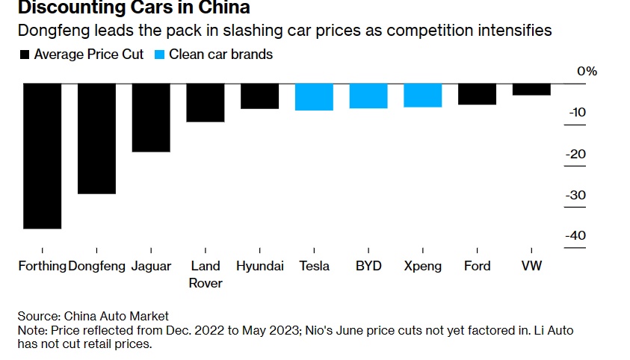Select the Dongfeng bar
96,138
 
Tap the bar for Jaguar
151,117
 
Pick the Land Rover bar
205,102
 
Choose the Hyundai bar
259,96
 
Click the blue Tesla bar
314,96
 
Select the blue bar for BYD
368,96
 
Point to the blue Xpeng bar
423,95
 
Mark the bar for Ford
477,93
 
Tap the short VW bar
531,89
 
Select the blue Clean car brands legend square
159,55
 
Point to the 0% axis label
587,72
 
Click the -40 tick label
575,236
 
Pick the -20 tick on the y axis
575,154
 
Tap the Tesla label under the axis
314,266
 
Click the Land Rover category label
205,274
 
